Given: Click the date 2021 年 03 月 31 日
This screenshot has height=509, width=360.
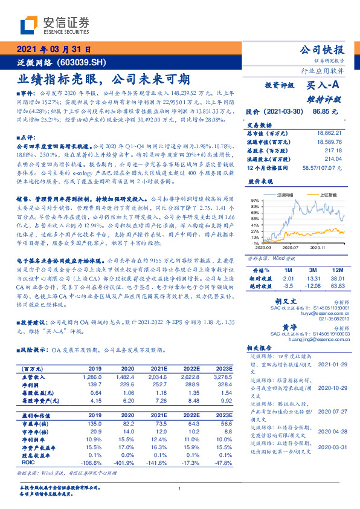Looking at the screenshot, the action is click(54, 50).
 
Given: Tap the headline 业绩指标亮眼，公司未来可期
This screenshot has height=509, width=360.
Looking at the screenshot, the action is click(103, 79).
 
